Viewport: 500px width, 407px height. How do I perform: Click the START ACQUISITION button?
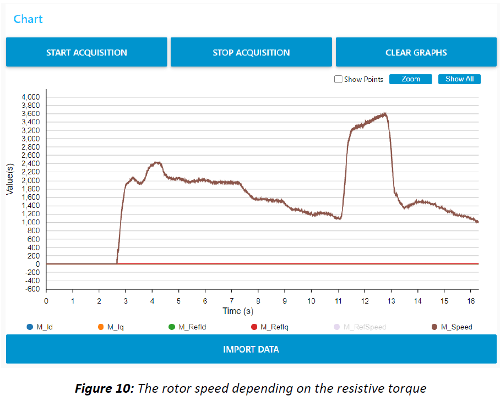click(86, 53)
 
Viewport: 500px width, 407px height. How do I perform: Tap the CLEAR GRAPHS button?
click(416, 53)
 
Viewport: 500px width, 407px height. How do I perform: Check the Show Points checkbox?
click(338, 79)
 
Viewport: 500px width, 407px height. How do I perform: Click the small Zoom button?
click(410, 79)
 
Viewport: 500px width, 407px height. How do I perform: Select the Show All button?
click(459, 79)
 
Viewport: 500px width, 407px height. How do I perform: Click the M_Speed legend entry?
click(452, 327)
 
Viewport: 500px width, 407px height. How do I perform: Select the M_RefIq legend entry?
click(269, 327)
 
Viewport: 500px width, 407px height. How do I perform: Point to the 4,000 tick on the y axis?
click(31, 97)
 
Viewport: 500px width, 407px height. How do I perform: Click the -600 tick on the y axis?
click(32, 289)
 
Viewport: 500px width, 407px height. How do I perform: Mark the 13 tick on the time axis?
click(391, 301)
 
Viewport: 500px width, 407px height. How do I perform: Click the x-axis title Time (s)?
click(238, 311)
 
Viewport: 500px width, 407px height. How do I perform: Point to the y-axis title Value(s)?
click(10, 179)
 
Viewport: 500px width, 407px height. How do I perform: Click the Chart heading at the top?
click(28, 19)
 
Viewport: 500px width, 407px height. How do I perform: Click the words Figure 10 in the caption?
click(104, 389)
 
